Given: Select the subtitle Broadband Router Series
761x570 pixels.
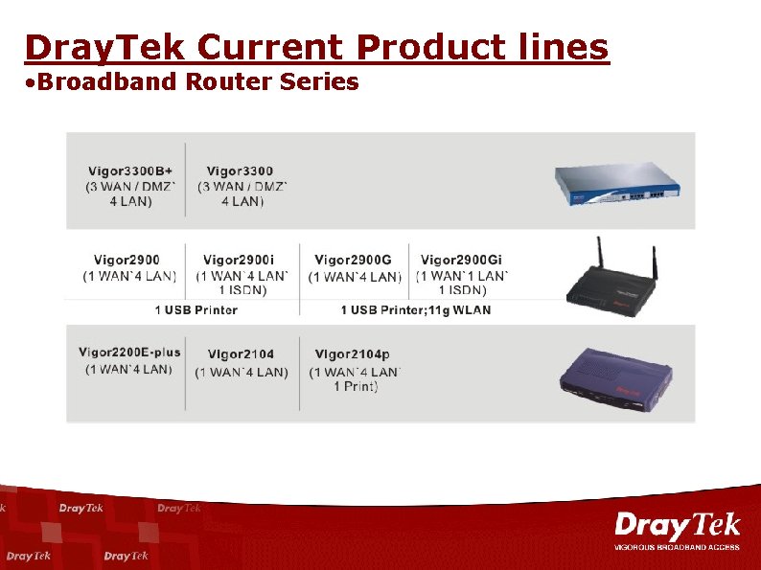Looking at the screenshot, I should [192, 82].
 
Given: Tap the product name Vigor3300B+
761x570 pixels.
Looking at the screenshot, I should [130, 171].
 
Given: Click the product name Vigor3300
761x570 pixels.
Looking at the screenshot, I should [240, 171].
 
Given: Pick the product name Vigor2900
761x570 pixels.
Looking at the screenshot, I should [127, 260].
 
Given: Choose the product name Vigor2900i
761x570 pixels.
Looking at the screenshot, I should [239, 260].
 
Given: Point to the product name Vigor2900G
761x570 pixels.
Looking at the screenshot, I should [353, 260].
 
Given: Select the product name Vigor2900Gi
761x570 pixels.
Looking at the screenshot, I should [461, 260].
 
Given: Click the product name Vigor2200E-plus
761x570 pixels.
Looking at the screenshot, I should [129, 353].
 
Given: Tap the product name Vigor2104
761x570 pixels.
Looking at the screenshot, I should [241, 354].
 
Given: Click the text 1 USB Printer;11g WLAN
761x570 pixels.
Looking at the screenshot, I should [416, 309].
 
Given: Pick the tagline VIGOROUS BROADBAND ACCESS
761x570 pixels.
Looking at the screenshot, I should [677, 547].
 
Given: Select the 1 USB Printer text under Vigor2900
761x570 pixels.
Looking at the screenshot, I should [196, 309].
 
